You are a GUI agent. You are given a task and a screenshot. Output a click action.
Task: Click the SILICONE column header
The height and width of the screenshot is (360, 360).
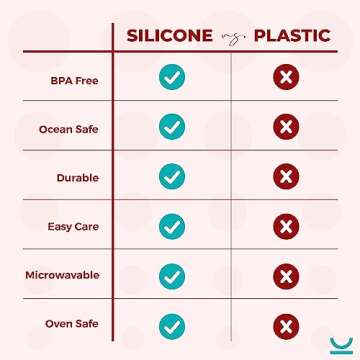167,35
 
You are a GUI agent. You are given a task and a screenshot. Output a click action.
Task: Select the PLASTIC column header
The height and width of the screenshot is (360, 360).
292,35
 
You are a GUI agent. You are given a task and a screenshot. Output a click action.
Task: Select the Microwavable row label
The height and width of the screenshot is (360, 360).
65,275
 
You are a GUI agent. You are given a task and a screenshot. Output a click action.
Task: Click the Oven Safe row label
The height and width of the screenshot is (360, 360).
72,324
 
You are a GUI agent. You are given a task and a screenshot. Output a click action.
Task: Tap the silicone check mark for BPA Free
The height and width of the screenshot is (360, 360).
172,77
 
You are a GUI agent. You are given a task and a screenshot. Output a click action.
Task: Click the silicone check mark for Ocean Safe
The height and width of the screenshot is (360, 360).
172,127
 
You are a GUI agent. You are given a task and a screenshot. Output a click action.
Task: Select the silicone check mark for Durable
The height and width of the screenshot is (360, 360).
172,176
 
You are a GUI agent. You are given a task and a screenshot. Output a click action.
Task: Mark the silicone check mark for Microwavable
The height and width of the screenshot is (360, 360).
172,275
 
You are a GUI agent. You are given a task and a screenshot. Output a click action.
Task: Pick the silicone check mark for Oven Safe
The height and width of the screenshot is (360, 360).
172,325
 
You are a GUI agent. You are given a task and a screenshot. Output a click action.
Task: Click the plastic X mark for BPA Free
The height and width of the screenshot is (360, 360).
286,77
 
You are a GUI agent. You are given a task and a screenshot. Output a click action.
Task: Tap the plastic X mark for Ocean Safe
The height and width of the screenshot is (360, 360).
286,127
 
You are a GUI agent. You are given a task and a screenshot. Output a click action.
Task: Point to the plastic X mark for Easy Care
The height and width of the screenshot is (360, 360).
286,226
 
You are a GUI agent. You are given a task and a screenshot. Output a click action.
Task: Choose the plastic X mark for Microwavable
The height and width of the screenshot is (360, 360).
286,275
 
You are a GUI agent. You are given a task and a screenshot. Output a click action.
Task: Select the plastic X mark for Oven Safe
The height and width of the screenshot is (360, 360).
286,325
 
